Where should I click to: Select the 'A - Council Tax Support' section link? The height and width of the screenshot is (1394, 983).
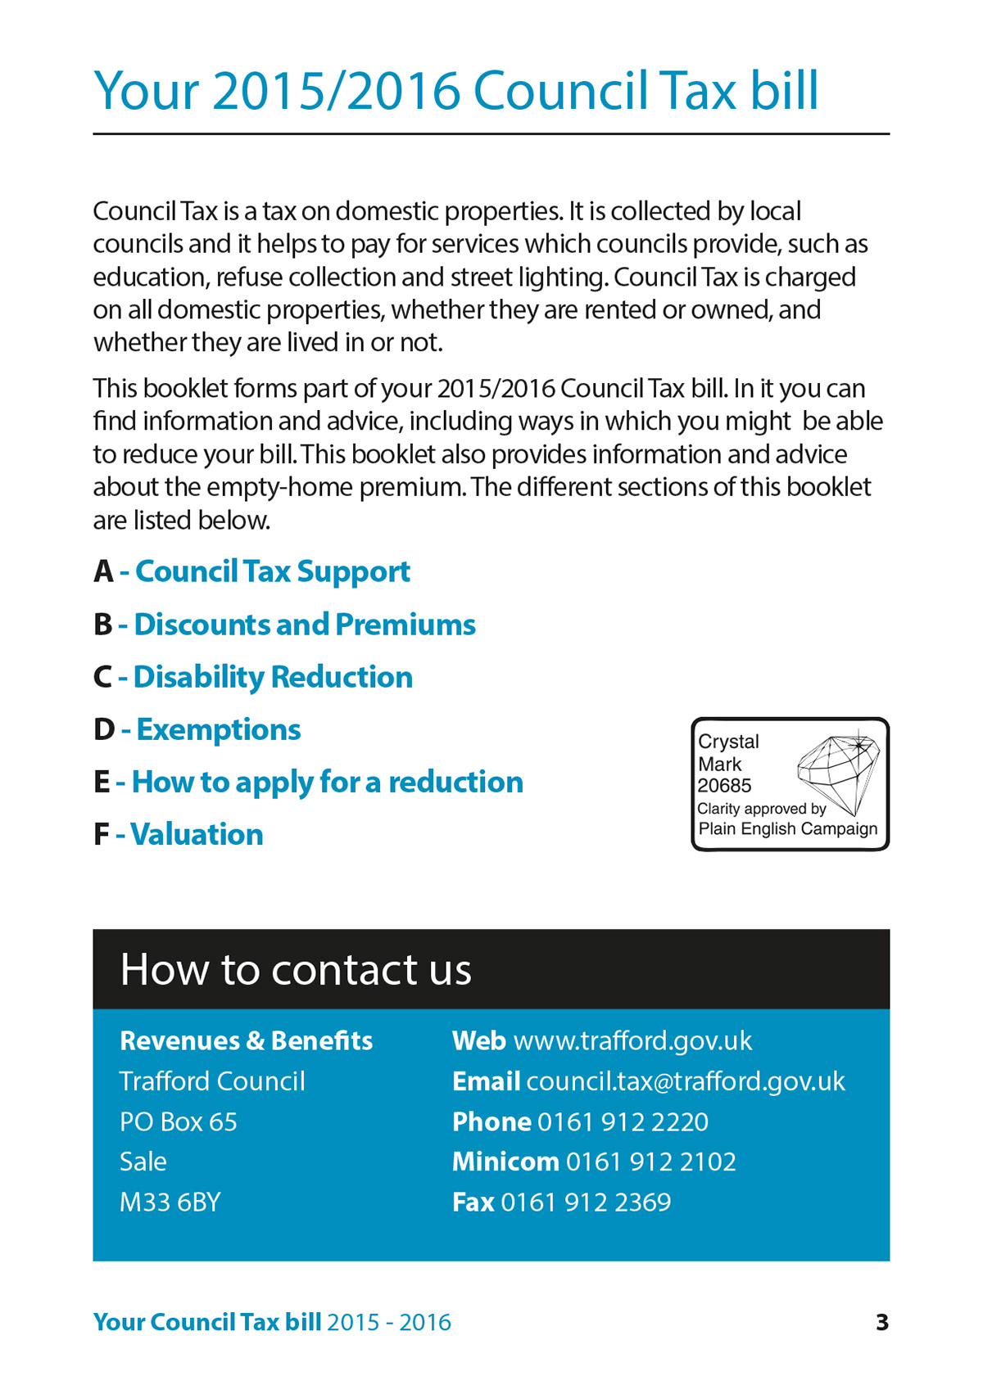tap(252, 571)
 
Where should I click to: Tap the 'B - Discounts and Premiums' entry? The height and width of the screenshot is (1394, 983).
tap(284, 625)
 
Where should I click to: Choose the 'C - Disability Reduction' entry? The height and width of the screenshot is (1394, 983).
tap(253, 677)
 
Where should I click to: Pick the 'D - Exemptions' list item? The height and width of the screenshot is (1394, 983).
tap(197, 729)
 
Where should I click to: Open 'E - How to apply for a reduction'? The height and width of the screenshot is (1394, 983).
tap(308, 782)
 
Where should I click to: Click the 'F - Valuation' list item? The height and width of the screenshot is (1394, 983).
tap(179, 834)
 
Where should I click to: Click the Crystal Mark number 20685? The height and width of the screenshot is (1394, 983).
tap(724, 786)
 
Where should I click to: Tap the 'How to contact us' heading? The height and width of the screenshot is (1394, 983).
tap(296, 969)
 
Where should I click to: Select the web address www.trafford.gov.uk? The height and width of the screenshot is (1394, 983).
tap(632, 1040)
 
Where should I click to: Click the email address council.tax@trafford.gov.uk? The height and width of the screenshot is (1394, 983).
tap(686, 1081)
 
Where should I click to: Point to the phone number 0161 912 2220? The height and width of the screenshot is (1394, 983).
tap(623, 1121)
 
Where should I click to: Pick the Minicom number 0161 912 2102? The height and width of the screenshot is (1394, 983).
tap(650, 1162)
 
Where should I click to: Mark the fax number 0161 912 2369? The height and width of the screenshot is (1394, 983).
tap(586, 1202)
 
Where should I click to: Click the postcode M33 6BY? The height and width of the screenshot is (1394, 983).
tap(170, 1202)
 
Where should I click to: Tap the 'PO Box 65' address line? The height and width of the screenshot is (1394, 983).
tap(179, 1121)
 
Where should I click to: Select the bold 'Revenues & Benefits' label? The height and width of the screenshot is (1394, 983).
tap(246, 1040)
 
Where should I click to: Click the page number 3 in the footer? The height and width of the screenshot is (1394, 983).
tap(881, 1322)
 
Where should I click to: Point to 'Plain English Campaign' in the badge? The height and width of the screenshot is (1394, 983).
tap(787, 828)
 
